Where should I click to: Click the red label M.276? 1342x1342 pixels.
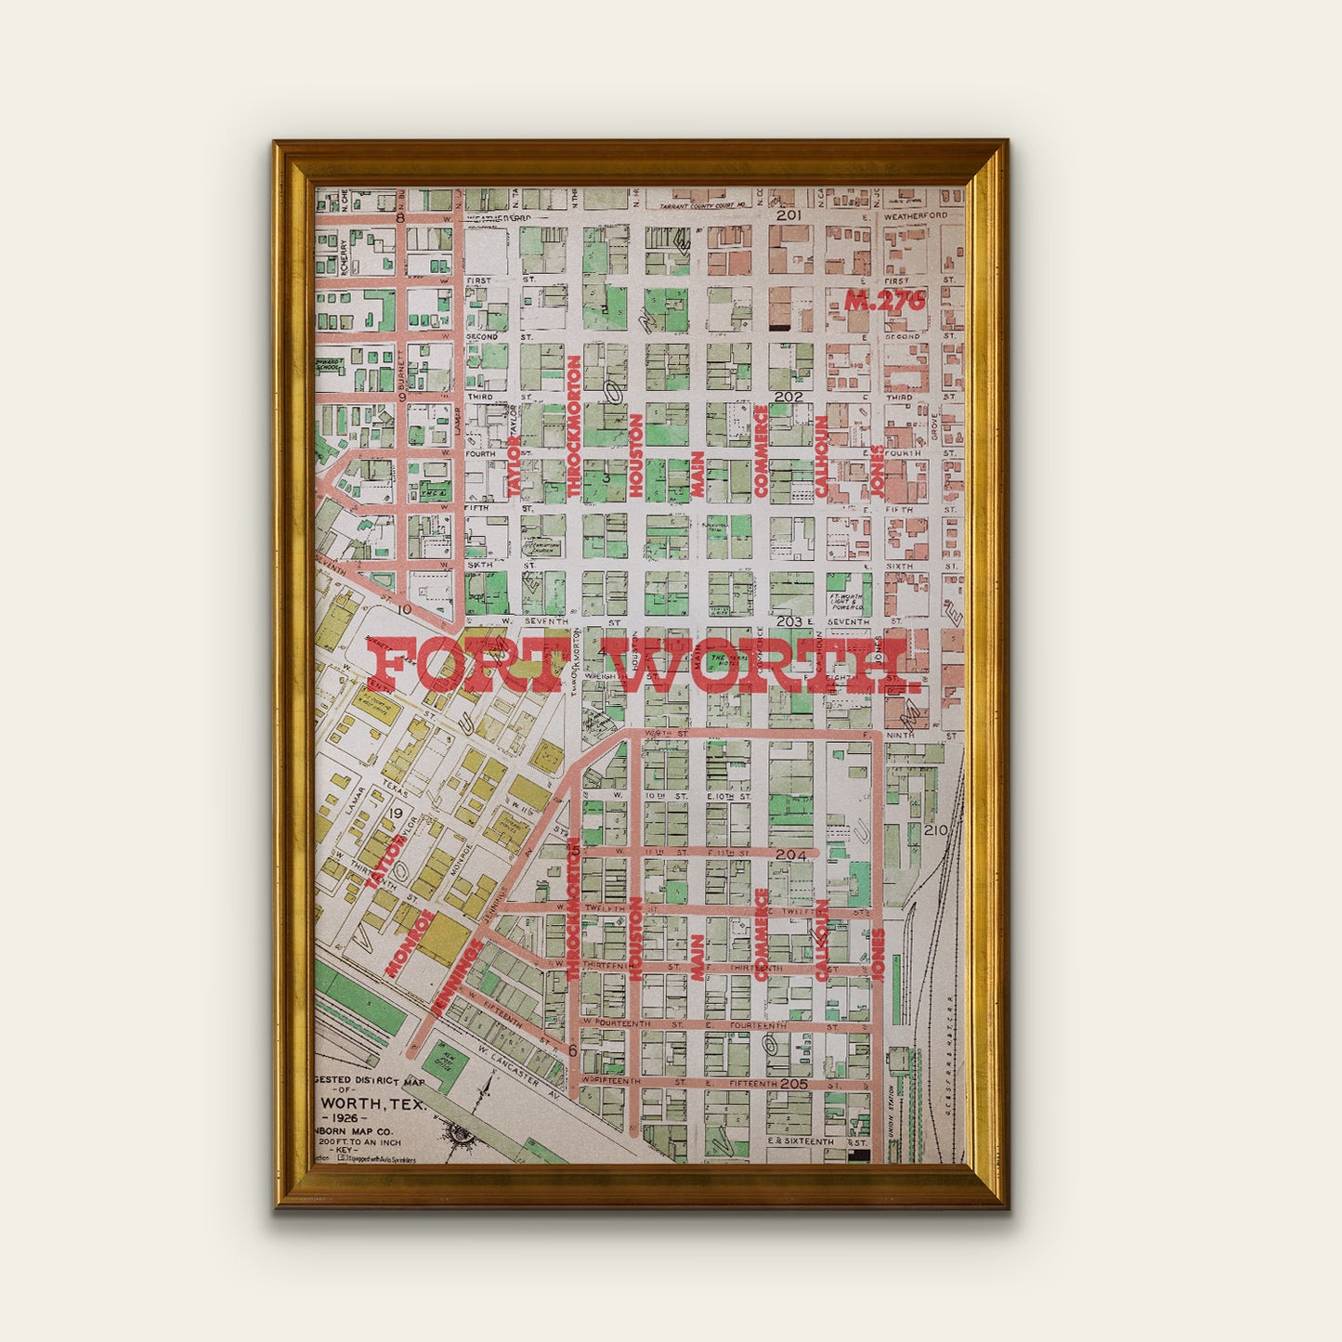click(885, 300)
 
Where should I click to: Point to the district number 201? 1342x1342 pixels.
click(788, 215)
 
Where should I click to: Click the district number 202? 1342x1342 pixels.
click(788, 396)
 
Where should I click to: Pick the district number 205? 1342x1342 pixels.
click(793, 1084)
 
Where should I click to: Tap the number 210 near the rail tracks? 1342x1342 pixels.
click(935, 829)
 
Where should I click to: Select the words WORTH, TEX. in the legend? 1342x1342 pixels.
click(371, 1105)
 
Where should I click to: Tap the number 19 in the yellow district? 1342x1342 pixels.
click(397, 814)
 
